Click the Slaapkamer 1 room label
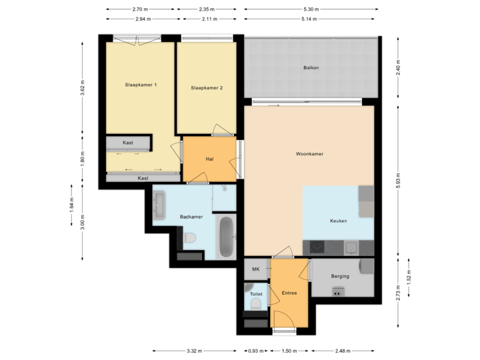pos(141,85)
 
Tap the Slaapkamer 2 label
pos(206,87)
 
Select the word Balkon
pos(310,68)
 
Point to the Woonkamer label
pos(309,154)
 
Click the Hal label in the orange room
pos(209,159)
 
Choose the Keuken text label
pos(338,221)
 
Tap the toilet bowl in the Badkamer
pos(189,237)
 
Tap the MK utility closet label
pos(255,269)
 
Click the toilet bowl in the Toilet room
pos(255,304)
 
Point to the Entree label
pos(289,292)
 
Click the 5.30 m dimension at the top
pos(311,9)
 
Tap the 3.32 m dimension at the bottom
pos(195,351)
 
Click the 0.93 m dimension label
pos(255,351)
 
